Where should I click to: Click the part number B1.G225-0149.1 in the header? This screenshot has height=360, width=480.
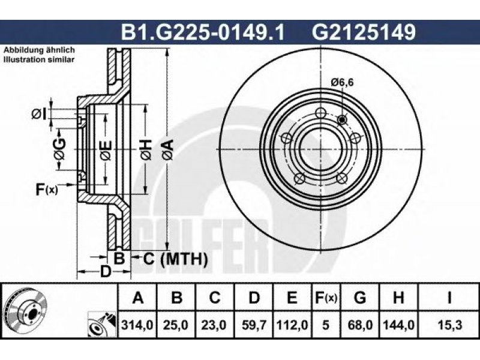203,32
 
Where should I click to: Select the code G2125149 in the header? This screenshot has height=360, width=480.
364,32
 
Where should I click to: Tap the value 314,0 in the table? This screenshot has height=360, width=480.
137,325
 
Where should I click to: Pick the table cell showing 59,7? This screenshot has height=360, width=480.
254,325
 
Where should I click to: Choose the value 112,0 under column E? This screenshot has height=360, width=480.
292,325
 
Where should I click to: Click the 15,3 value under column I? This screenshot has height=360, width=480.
449,325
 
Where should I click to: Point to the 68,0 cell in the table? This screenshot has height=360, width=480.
360,325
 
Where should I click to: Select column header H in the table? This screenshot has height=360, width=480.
398,298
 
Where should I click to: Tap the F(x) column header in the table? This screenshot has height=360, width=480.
326,298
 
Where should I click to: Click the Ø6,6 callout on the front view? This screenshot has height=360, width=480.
342,82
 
